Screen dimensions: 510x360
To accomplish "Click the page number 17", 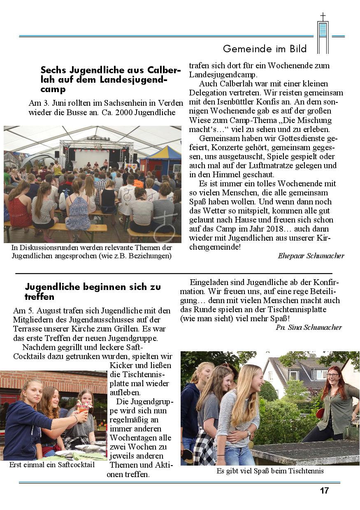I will [324, 490].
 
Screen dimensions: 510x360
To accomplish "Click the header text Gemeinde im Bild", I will [265, 49].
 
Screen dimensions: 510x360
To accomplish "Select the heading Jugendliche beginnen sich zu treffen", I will [93, 291].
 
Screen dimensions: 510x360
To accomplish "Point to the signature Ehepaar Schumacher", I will [311, 256].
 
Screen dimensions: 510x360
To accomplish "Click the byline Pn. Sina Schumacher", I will [309, 327].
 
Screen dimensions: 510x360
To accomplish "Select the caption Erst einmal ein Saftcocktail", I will [52, 465].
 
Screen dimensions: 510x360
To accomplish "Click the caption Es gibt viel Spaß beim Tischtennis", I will [270, 471].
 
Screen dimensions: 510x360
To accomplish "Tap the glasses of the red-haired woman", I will [333, 375].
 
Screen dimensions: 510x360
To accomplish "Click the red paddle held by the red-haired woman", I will [320, 413].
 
